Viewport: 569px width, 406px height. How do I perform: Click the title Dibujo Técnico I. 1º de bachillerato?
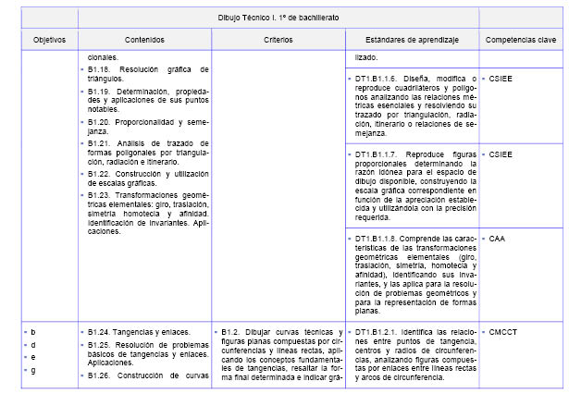click(278, 18)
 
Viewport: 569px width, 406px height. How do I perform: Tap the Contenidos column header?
click(145, 41)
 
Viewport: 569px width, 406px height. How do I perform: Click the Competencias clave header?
click(521, 41)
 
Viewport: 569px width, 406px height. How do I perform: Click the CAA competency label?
click(499, 238)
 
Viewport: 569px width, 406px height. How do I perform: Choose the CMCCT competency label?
click(504, 331)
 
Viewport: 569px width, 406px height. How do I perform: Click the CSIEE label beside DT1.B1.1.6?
click(501, 79)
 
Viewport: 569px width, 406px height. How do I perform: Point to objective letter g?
click(33, 370)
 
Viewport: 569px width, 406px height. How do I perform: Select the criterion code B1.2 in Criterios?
click(235, 331)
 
